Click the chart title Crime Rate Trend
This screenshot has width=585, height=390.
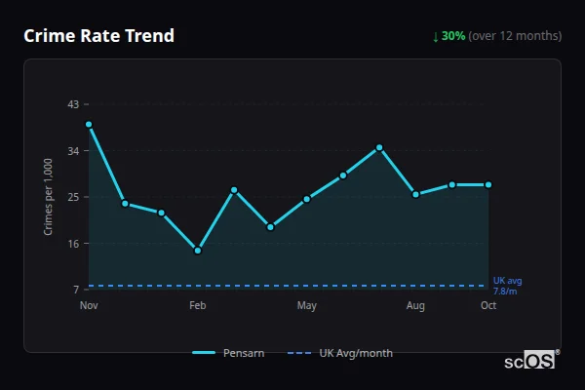(98, 36)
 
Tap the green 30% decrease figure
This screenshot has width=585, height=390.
(452, 36)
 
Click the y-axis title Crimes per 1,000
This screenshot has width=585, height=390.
(48, 196)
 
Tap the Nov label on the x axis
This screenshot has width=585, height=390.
(89, 306)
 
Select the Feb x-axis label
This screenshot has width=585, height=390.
(198, 306)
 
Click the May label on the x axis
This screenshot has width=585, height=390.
(307, 306)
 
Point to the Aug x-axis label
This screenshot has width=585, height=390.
(415, 306)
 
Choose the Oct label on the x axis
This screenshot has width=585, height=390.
(488, 306)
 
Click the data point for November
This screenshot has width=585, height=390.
(89, 125)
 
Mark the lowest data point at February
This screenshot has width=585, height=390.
(198, 251)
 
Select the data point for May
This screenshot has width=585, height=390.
(307, 199)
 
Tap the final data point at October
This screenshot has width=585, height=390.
(488, 184)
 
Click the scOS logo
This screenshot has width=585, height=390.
(531, 361)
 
